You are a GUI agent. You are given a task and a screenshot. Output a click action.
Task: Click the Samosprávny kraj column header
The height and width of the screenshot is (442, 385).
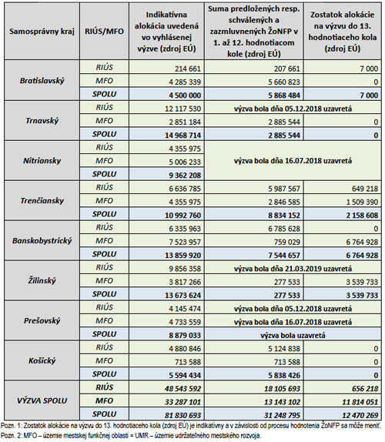click(42, 31)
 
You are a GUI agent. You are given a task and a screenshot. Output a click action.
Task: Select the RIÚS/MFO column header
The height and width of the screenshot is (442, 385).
click(104, 31)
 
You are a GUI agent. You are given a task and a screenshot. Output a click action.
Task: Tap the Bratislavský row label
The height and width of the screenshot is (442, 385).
click(42, 81)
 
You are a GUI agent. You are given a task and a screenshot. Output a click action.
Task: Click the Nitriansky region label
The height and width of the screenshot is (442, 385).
click(42, 161)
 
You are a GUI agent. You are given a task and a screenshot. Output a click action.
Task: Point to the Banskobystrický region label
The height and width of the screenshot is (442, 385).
click(42, 241)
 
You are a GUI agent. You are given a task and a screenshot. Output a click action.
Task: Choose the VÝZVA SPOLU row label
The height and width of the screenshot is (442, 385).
click(42, 400)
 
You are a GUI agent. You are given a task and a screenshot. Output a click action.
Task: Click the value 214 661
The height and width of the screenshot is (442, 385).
click(187, 69)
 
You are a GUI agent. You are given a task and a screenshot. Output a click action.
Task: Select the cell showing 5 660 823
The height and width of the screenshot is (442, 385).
click(284, 82)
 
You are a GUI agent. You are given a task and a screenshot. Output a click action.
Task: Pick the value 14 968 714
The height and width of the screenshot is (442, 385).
click(183, 136)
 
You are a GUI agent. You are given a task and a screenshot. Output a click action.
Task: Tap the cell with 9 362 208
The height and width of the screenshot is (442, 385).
click(185, 176)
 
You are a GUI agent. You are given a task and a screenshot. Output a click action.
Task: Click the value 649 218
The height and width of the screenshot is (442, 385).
click(365, 189)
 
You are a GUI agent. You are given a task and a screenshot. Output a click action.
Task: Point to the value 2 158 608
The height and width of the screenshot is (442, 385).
click(362, 216)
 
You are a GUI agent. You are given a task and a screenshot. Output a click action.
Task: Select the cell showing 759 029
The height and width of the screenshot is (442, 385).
click(287, 242)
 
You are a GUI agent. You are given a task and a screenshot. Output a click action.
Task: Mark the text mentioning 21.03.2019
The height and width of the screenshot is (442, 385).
click(293, 269)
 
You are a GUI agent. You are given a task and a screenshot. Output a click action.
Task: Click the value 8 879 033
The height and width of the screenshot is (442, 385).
click(185, 336)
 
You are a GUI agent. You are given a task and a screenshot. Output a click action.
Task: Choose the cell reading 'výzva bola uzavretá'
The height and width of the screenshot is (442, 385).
click(293, 336)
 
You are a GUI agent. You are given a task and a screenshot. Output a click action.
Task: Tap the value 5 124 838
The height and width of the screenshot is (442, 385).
click(284, 349)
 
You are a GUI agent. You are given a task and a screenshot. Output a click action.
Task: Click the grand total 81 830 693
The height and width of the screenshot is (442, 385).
click(183, 416)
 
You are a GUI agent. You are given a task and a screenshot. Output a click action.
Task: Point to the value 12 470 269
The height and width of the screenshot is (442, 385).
click(360, 416)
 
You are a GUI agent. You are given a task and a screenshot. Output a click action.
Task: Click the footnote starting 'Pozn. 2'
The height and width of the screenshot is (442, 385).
click(131, 436)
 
